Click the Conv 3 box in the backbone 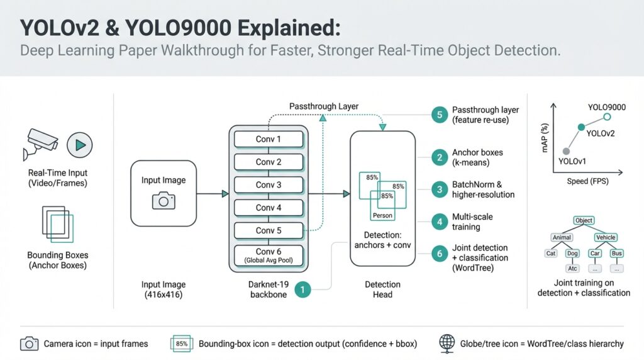(269, 185)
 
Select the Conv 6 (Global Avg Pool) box (269, 256)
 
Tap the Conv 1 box (269, 139)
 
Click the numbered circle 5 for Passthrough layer (440, 115)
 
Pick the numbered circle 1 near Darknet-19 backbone (303, 290)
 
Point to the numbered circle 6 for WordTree (440, 253)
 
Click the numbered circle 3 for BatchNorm (440, 189)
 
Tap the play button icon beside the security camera (80, 144)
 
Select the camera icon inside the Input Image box (164, 200)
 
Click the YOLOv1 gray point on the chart (567, 151)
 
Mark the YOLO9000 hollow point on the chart (607, 117)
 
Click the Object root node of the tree (584, 221)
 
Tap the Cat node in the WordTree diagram (551, 253)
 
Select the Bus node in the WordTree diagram (616, 253)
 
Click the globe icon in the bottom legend (447, 343)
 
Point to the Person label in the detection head (382, 215)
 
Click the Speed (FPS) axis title (586, 181)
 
